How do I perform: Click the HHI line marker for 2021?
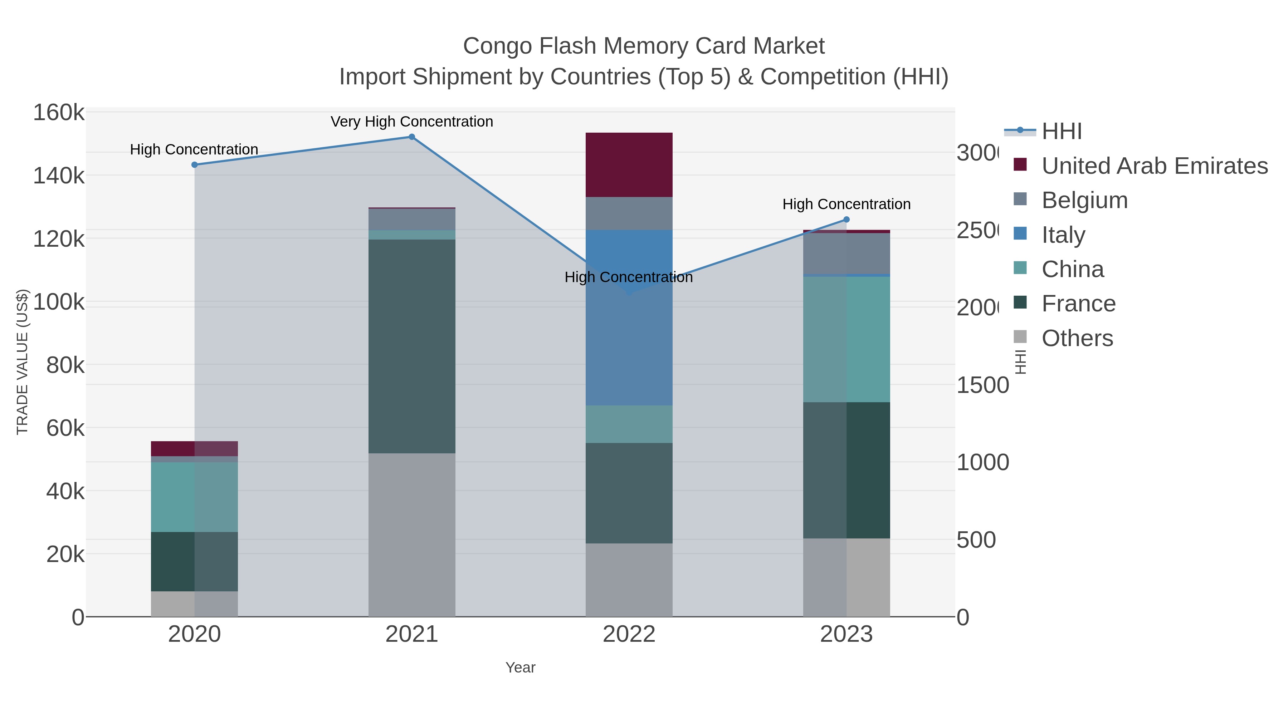coord(411,137)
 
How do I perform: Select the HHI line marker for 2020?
coord(195,165)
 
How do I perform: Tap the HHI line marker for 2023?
coord(846,220)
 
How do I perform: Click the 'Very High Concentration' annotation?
coord(411,122)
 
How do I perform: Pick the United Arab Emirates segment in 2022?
coord(629,165)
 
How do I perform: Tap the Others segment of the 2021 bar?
coord(411,535)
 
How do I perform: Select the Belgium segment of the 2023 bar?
coord(846,253)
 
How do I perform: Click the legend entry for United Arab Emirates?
coord(1154,166)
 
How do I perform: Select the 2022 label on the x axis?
coord(629,634)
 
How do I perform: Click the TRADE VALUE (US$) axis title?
coord(23,362)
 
